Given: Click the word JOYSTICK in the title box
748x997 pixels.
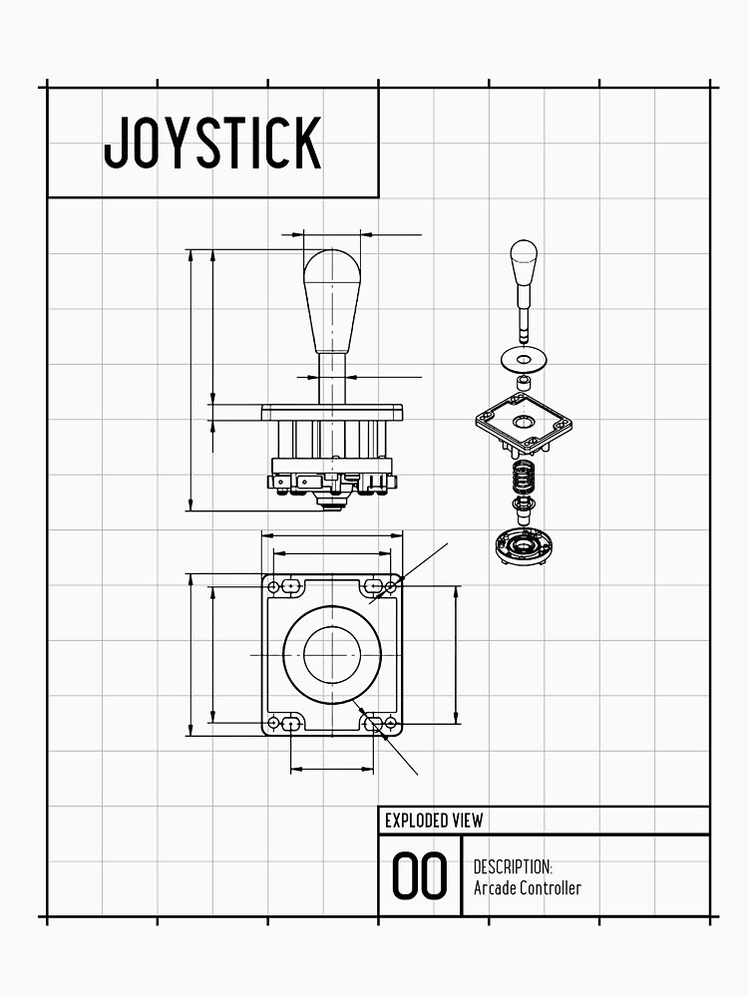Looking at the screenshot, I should (x=212, y=143).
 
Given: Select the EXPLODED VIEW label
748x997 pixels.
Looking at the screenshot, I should (x=434, y=821).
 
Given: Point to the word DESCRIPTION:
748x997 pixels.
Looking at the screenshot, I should (x=513, y=867).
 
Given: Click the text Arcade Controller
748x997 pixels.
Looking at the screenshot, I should (x=527, y=888).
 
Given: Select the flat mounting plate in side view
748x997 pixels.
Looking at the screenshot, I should (x=331, y=412).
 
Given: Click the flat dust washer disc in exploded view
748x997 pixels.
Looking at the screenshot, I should (x=524, y=356).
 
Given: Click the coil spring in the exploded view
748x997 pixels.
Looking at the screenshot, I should (x=524, y=476).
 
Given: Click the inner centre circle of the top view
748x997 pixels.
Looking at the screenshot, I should (x=331, y=653).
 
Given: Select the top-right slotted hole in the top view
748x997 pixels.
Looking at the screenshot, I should (x=375, y=585).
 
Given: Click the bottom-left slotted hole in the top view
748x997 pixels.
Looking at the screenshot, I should (x=290, y=723).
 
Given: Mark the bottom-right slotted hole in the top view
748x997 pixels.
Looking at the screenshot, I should (x=375, y=723).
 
